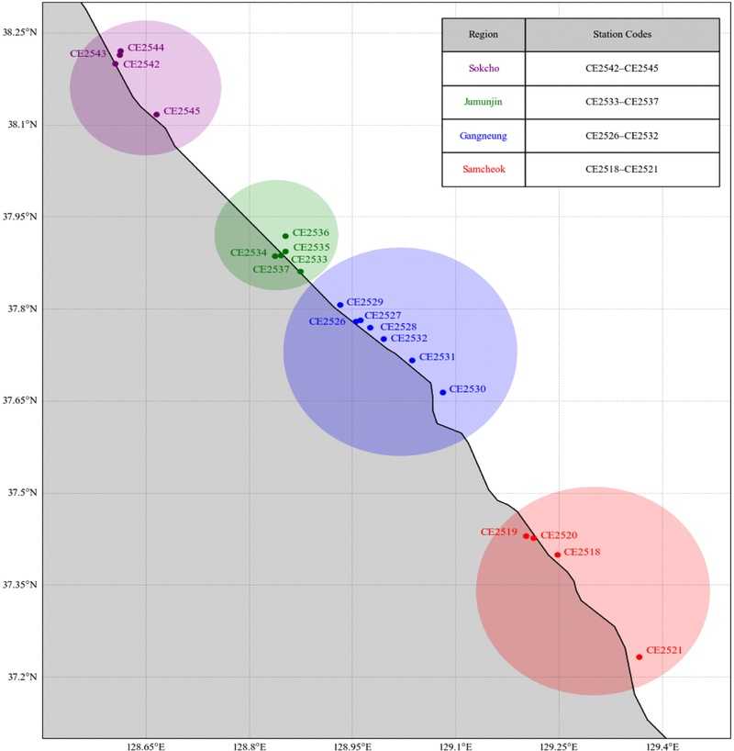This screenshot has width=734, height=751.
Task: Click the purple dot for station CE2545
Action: pos(157,115)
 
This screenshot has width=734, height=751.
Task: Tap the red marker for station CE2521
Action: pos(639,656)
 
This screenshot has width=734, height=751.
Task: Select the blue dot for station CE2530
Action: pos(443,392)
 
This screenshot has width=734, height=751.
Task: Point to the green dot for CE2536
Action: pos(285,236)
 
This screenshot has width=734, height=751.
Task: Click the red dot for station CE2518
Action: pos(558,555)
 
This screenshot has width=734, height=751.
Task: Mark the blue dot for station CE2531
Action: pos(412,360)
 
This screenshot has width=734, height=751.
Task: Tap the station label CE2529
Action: pos(365,302)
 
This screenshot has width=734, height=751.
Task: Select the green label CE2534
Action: pos(249,252)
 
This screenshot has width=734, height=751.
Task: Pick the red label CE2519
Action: pos(499,532)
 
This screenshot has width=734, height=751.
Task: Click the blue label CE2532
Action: pos(409,338)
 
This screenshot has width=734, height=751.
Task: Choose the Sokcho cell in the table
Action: pos(483,68)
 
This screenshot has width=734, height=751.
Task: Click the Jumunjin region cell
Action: pos(483,102)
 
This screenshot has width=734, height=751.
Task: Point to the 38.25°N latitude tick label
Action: pos(20,32)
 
